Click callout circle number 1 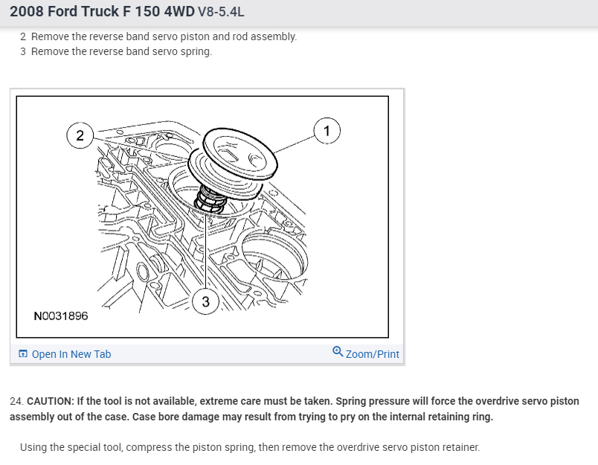tap(327, 131)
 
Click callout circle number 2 tap(80, 135)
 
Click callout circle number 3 tap(205, 301)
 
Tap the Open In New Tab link tap(71, 354)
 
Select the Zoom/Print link tap(372, 354)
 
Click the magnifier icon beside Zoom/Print tap(338, 351)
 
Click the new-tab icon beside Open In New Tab tap(23, 353)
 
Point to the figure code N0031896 tap(61, 316)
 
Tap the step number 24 tap(17, 401)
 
